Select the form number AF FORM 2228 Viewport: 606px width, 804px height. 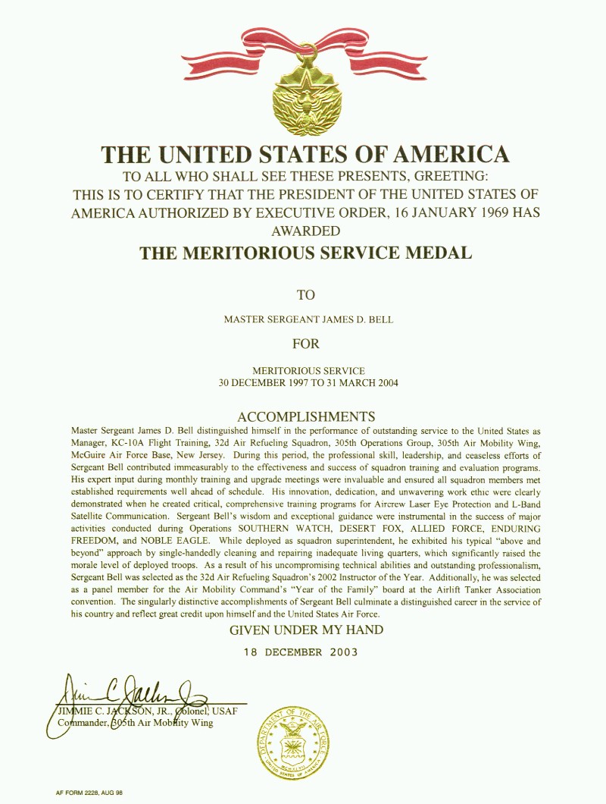click(84, 792)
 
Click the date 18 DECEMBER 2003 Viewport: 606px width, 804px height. click(301, 652)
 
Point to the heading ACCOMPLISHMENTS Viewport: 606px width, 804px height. click(306, 416)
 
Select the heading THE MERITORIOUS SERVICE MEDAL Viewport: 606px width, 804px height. click(305, 253)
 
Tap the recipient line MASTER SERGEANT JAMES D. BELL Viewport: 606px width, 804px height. click(308, 319)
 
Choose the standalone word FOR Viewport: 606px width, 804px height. click(305, 344)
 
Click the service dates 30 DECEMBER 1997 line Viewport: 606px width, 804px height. click(308, 382)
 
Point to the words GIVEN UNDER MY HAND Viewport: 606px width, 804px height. click(306, 630)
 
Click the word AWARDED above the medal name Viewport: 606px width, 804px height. click(305, 231)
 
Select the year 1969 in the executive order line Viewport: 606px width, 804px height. click(483, 212)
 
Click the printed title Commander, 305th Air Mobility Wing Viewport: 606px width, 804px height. click(136, 723)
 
